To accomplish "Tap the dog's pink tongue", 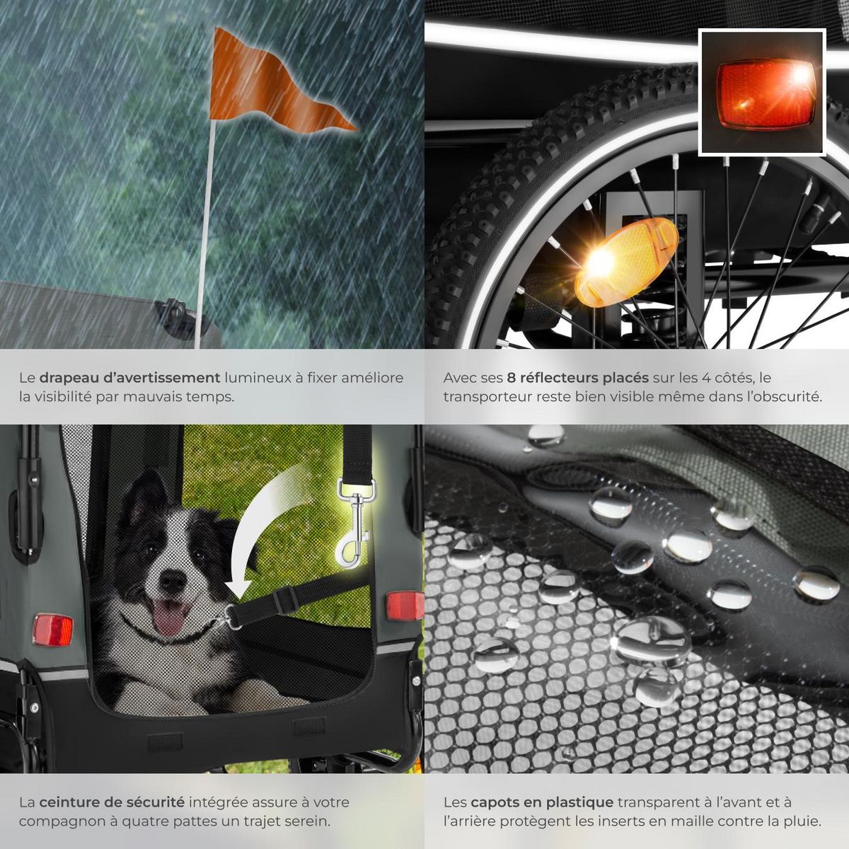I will point(168,620).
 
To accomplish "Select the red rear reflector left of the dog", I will point(53,630).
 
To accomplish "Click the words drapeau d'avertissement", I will point(129,377).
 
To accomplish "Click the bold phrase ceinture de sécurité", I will point(112,802).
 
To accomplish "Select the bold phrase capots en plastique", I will point(542,802).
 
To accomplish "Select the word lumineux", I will point(258,377).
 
